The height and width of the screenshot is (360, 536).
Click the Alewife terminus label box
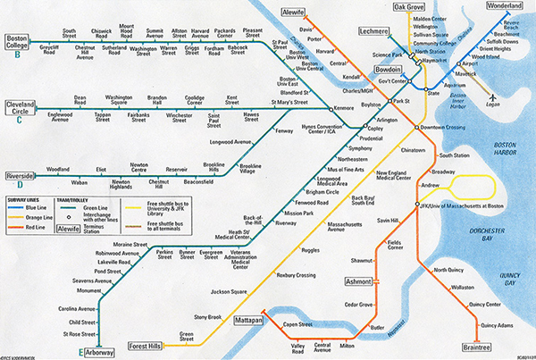tap(295, 15)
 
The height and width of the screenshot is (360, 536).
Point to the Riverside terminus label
tap(23, 176)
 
